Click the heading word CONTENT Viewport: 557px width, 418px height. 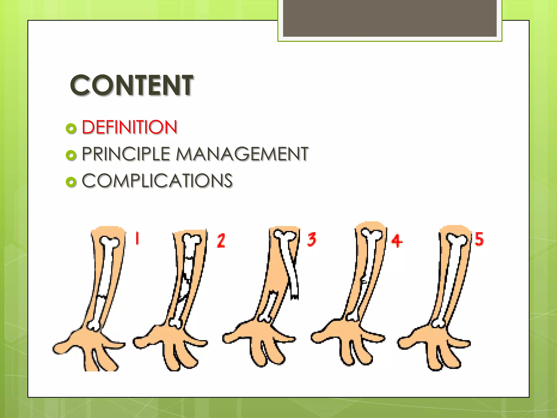[132, 85]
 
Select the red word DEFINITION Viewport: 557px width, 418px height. [129, 127]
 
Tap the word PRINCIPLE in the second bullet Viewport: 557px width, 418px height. [126, 154]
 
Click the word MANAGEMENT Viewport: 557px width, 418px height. [242, 154]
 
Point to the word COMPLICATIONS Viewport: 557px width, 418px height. [157, 180]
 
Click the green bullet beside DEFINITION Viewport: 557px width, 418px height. [71, 128]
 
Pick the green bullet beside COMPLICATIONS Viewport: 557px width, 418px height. [71, 182]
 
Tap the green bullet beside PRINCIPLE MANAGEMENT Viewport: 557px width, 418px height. [71, 155]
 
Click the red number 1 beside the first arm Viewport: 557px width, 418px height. [137, 238]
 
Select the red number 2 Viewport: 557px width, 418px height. [221, 241]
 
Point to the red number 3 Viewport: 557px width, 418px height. [312, 239]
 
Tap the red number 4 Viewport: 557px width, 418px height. [397, 241]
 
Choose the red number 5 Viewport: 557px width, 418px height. [479, 239]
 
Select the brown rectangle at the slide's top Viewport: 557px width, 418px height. [390, 18]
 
